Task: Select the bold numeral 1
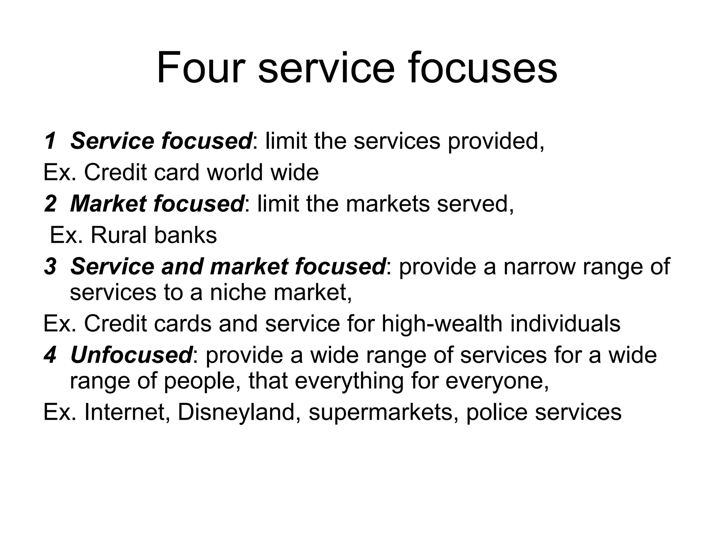50,141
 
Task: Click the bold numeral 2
50,204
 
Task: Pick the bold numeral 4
50,355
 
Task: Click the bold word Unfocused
131,355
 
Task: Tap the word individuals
565,324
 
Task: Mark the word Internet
127,412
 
